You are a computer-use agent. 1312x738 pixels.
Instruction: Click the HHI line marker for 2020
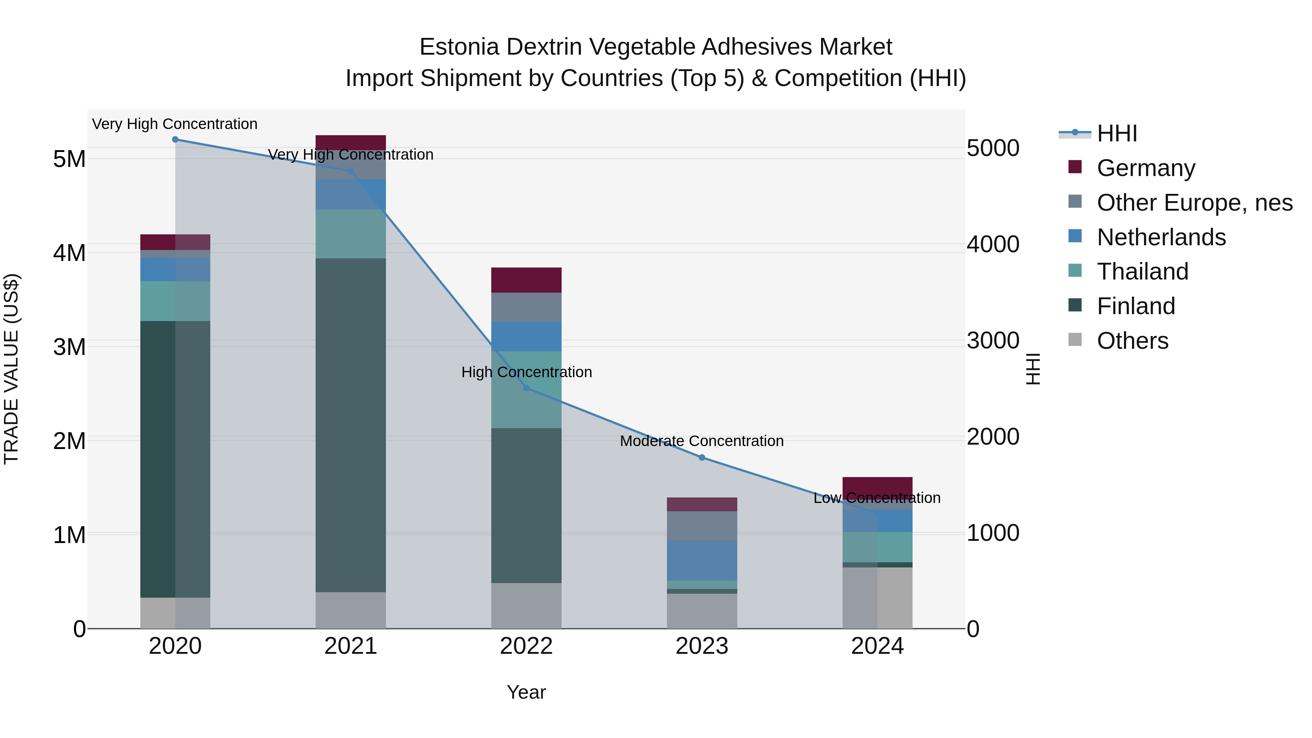click(175, 140)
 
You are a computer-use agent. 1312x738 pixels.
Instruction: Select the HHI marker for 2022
click(527, 388)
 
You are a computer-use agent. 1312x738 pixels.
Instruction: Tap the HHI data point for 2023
click(702, 458)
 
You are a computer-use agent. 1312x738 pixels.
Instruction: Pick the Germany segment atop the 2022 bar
click(526, 280)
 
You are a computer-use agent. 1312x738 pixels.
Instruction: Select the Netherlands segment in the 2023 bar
click(702, 560)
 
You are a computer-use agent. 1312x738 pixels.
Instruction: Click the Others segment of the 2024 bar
click(877, 598)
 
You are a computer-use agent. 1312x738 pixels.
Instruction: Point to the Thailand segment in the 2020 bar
click(175, 301)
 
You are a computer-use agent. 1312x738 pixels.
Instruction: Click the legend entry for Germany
click(1145, 168)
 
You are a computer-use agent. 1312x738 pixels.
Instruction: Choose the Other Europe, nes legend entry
click(1194, 203)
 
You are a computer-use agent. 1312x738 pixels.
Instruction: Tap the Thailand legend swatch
click(1075, 270)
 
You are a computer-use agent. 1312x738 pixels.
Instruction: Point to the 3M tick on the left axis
click(69, 347)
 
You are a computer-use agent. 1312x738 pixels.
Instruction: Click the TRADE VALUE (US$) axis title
click(11, 369)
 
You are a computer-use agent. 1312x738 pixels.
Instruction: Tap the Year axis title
click(526, 692)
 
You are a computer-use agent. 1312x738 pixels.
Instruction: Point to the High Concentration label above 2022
click(526, 372)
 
